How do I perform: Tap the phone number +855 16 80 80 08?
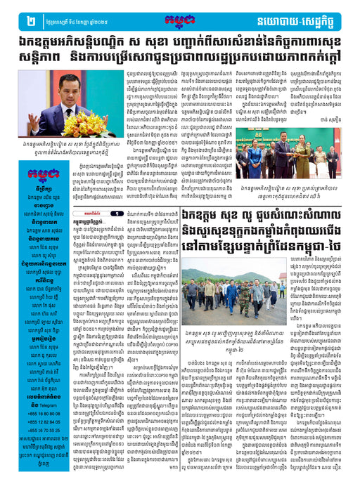(32, 411)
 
